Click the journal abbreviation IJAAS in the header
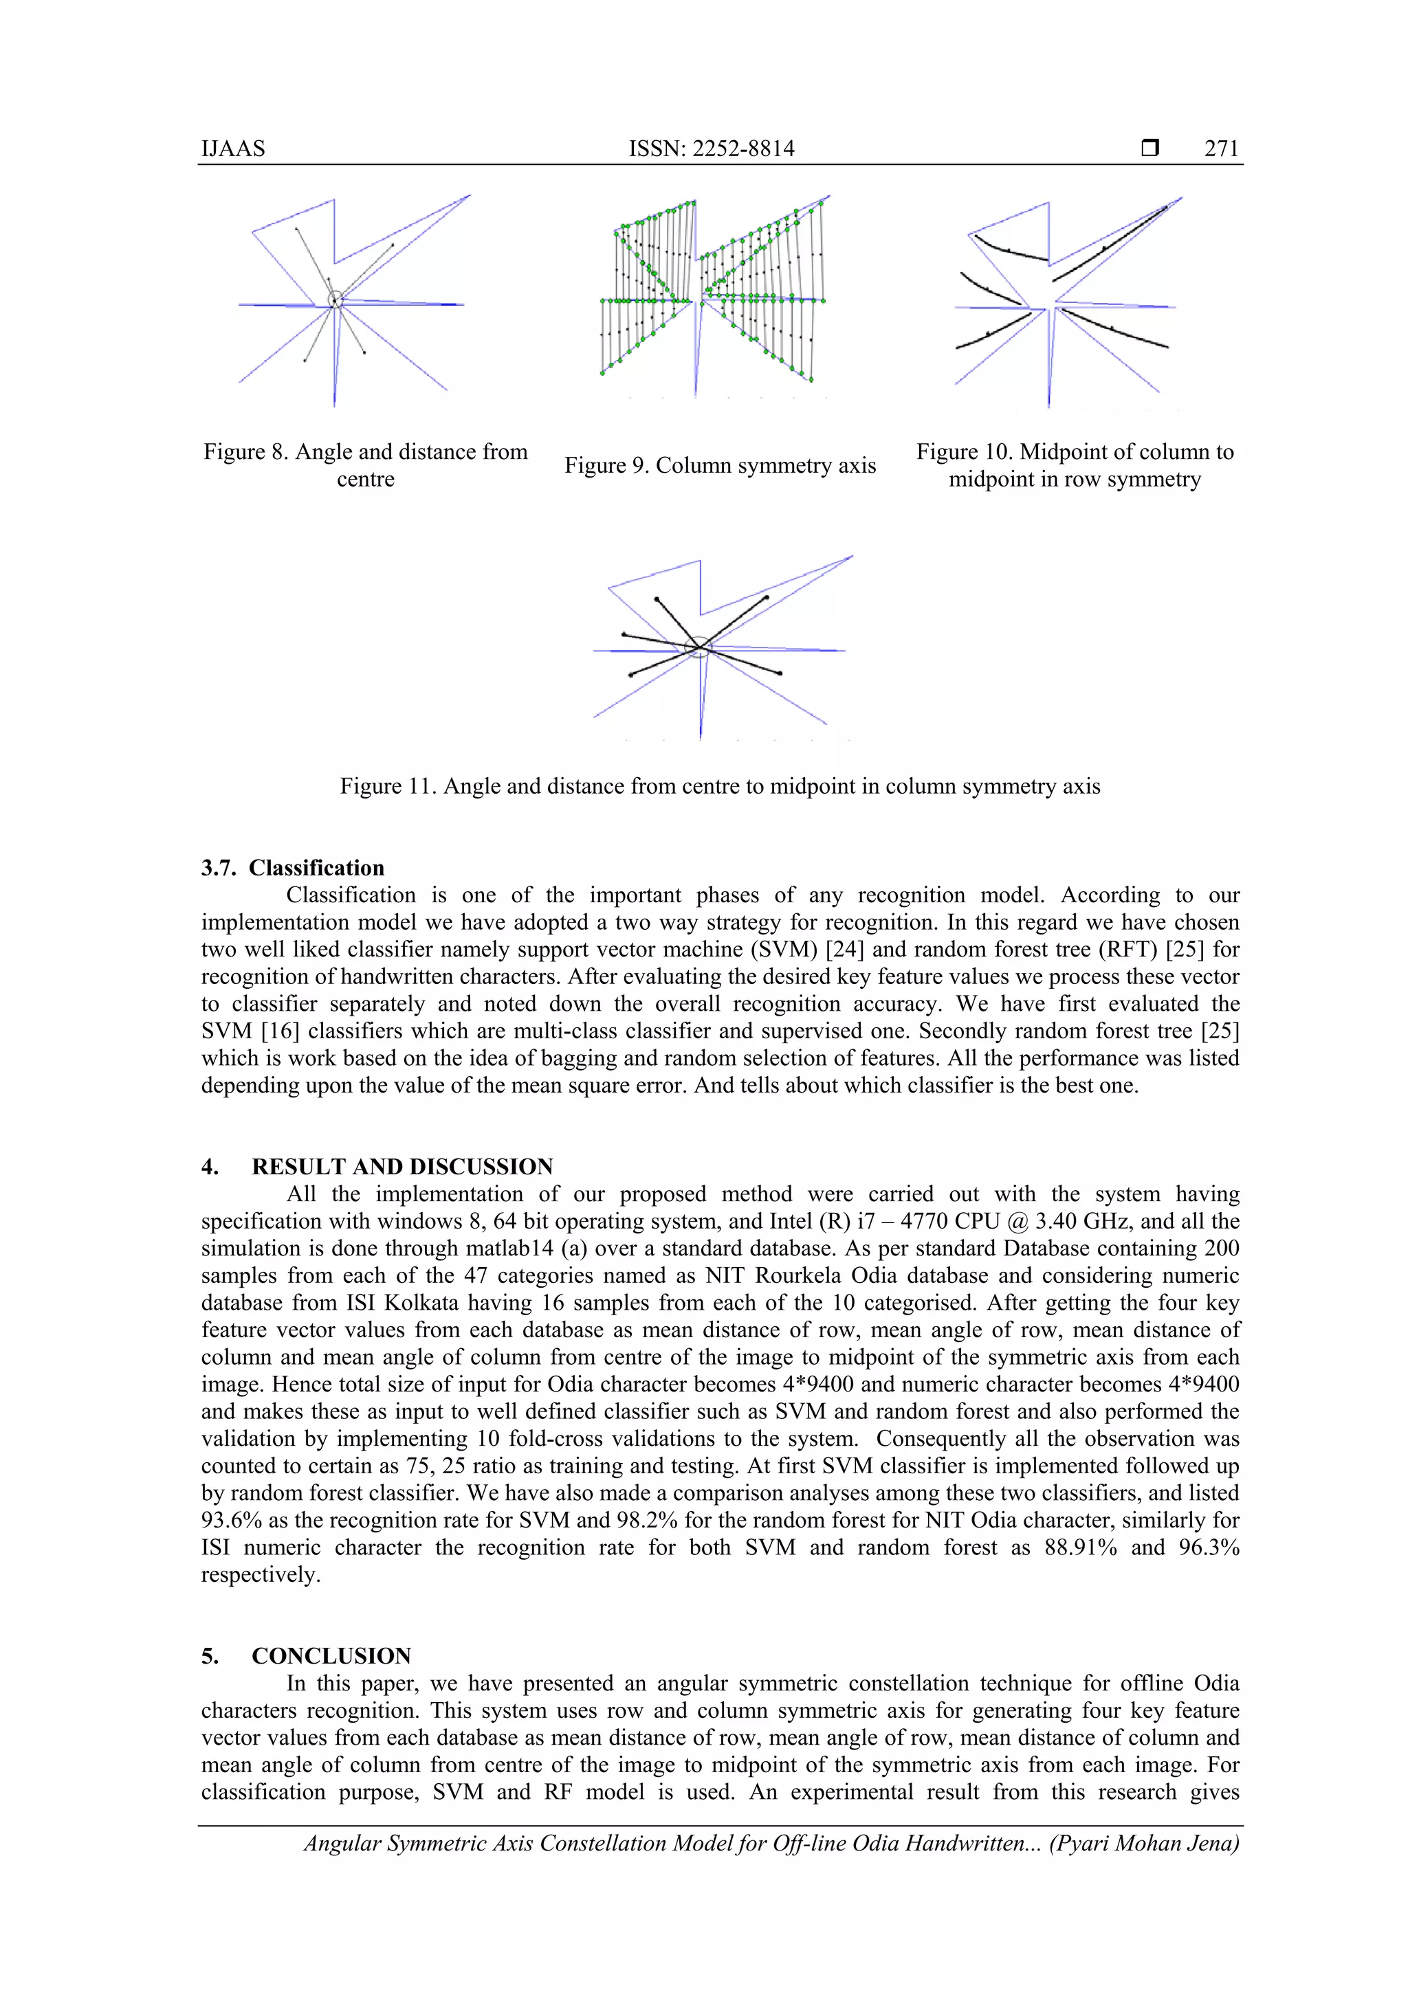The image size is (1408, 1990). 233,148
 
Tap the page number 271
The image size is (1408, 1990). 1222,148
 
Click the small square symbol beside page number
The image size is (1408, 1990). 1149,148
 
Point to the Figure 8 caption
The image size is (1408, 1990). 365,465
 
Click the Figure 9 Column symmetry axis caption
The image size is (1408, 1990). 720,465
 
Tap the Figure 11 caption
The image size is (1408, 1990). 720,786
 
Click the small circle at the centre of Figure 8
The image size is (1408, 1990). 335,300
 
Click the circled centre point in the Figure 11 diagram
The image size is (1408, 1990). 698,646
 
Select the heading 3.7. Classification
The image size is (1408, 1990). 292,868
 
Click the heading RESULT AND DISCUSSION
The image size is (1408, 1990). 401,1167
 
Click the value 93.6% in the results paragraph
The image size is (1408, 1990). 232,1520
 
